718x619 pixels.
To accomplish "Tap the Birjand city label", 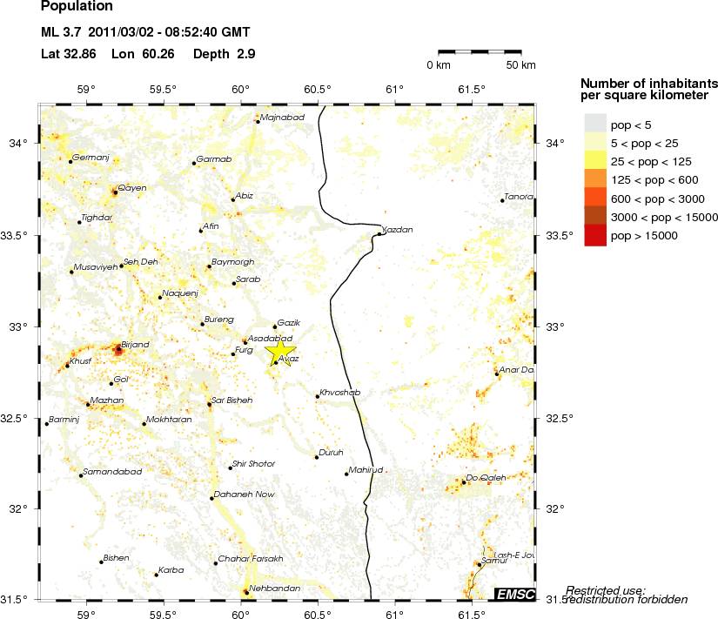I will [x=136, y=345].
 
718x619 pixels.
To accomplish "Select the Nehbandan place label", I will [x=274, y=589].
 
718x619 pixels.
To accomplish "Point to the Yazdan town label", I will [x=398, y=230].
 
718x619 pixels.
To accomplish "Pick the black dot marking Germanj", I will [x=70, y=162].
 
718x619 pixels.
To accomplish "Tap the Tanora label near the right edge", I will [x=519, y=196].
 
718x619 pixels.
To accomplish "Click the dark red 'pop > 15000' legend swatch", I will [x=594, y=236].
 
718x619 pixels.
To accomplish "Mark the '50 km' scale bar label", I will [x=520, y=65].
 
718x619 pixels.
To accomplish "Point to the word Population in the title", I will [x=77, y=7].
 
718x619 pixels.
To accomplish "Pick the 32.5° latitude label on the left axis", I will [x=18, y=418].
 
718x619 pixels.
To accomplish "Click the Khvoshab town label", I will [x=339, y=393].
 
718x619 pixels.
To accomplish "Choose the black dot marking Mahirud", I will [x=346, y=474].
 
